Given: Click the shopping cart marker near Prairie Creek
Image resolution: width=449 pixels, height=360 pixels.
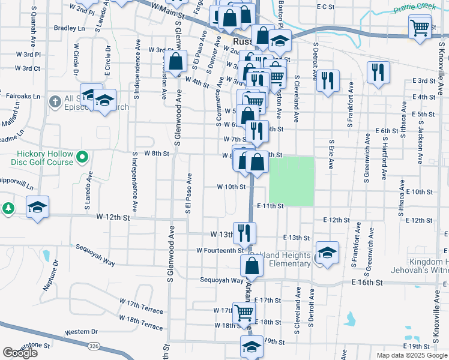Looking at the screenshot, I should tap(420, 26).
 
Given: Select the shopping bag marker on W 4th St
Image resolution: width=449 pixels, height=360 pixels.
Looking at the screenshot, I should tap(175, 61).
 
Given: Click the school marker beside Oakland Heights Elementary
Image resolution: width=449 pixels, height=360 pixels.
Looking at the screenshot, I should tap(328, 252).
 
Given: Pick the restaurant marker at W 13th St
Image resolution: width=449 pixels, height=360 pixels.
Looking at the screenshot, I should tap(244, 232).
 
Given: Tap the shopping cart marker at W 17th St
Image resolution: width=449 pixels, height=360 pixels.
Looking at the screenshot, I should tap(244, 312).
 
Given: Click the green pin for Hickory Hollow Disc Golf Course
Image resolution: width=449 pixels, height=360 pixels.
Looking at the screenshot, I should tap(83, 158).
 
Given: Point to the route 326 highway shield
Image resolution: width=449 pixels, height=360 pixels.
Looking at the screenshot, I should tap(92, 346).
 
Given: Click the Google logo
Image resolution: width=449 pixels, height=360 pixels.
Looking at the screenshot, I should tap(20, 352).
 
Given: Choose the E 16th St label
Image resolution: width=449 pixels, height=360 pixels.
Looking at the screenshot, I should tap(367, 281).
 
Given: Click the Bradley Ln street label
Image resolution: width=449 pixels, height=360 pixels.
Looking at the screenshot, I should tap(69, 28).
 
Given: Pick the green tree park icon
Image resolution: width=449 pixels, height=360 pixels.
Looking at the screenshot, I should tap(8, 208).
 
